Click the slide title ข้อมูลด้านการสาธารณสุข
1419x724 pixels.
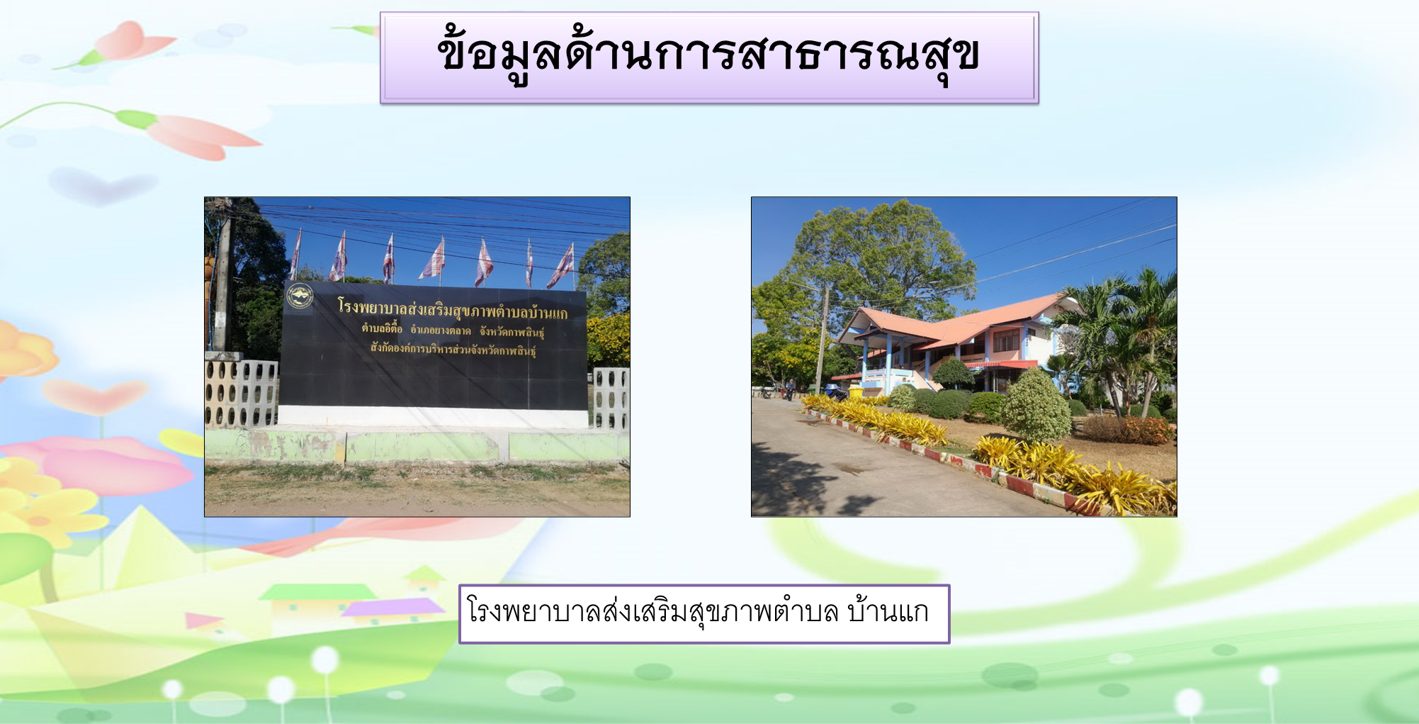(x=708, y=55)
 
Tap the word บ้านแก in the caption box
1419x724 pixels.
(x=888, y=612)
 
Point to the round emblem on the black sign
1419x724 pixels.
(x=300, y=296)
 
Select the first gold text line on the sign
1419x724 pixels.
(x=453, y=308)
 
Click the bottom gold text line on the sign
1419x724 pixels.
(x=453, y=349)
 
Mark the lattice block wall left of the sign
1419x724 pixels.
(x=242, y=394)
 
